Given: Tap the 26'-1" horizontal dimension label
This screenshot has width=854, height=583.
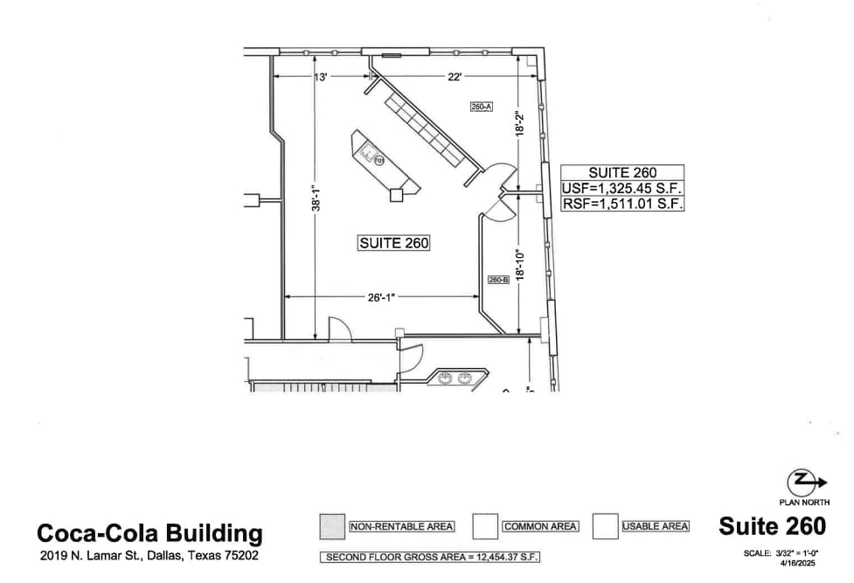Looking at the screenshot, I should tap(382, 297).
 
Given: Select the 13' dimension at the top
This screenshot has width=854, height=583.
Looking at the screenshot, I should tap(320, 78).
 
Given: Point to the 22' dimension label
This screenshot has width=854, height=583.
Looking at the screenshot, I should tap(455, 78).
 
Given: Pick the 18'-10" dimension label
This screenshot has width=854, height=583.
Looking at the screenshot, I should tap(519, 264).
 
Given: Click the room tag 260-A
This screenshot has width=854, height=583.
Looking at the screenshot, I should tap(482, 107).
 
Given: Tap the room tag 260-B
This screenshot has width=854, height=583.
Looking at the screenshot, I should tap(498, 280).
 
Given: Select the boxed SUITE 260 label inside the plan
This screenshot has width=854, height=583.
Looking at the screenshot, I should tap(393, 243).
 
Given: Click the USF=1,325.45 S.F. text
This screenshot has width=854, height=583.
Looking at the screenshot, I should tap(622, 189).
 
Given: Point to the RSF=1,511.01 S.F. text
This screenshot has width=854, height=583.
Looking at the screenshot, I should tap(622, 205).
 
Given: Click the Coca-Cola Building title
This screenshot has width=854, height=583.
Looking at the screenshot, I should tap(149, 533).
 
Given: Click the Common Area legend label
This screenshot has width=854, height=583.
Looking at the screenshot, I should tap(540, 526).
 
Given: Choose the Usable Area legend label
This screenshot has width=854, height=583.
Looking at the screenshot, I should tap(656, 526).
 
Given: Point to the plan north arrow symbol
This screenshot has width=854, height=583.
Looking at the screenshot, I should tap(802, 482).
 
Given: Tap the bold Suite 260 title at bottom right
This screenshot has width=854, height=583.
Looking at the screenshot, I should tap(772, 526).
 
